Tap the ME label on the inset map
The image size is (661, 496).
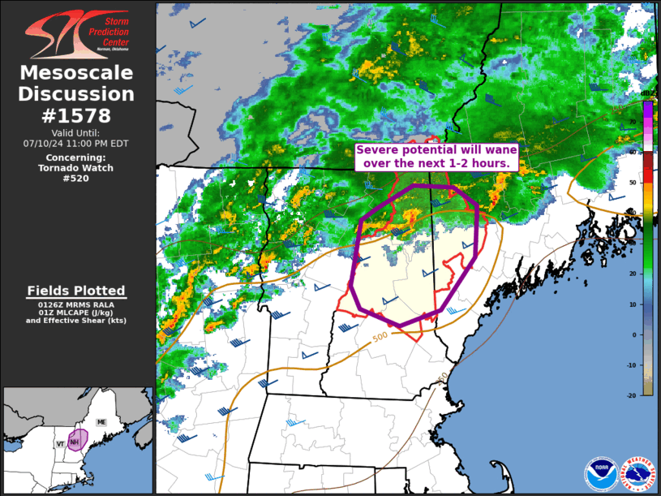click(x=101, y=422)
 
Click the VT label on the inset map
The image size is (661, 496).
click(x=60, y=444)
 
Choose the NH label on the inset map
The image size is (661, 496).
click(x=74, y=442)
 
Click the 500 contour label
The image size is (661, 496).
click(x=380, y=337)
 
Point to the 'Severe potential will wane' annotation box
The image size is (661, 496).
click(x=436, y=157)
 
